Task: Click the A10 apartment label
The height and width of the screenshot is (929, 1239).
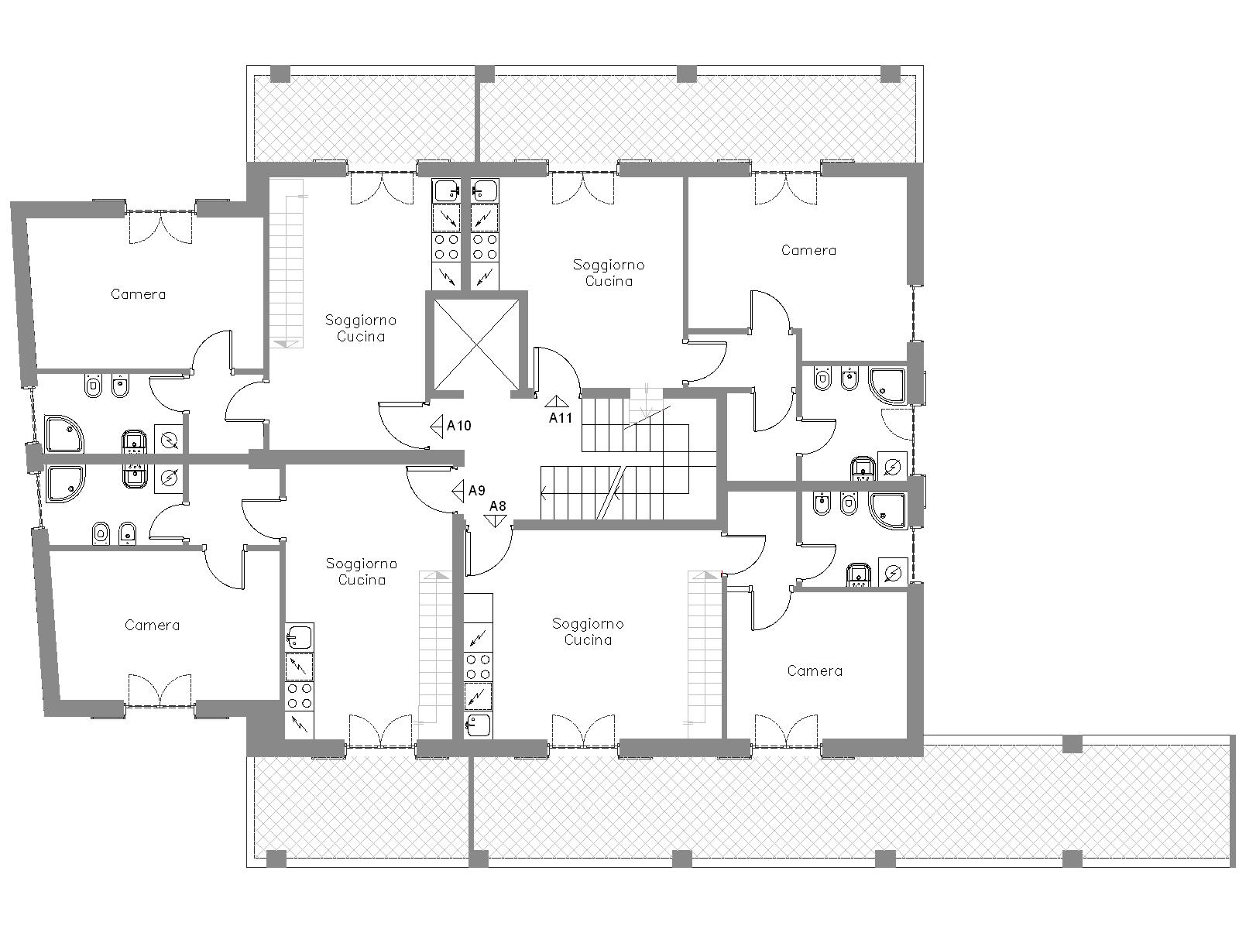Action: [x=458, y=426]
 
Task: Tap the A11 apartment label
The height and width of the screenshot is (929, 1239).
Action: [x=561, y=418]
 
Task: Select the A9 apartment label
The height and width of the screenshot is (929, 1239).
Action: [x=476, y=491]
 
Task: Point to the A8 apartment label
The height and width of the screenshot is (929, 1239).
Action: [x=497, y=506]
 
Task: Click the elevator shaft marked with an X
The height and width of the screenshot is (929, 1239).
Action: [x=476, y=345]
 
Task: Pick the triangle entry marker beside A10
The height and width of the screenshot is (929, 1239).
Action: [x=436, y=427]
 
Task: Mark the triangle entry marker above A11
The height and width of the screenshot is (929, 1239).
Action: [x=558, y=401]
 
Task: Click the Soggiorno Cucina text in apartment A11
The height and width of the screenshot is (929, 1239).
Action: [x=609, y=273]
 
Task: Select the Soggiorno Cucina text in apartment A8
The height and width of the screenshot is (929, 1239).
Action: [x=588, y=632]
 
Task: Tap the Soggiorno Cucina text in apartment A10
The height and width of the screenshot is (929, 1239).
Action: [x=361, y=328]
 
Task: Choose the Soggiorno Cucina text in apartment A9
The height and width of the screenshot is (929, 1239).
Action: [x=362, y=571]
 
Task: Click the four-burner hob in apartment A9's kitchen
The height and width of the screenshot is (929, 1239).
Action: [x=299, y=696]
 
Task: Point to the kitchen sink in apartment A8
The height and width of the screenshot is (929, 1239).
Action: [x=478, y=725]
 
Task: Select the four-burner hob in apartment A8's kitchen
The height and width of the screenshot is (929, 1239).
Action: [x=478, y=666]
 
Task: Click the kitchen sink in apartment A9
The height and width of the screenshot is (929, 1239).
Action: [x=299, y=638]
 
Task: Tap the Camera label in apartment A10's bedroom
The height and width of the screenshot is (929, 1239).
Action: [x=139, y=294]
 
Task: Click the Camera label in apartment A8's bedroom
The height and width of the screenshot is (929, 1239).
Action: [x=815, y=670]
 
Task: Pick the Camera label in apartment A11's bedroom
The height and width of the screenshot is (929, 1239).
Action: [x=808, y=250]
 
